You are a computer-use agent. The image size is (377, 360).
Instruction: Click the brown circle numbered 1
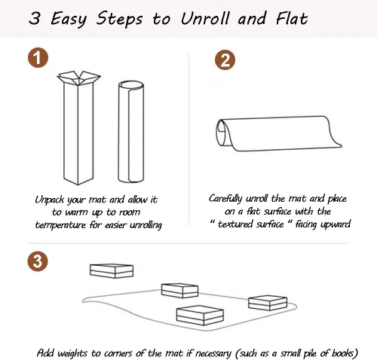pyautogui.click(x=38, y=57)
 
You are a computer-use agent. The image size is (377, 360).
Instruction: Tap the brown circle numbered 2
pyautogui.click(x=225, y=60)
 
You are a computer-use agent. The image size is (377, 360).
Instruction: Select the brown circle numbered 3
pyautogui.click(x=38, y=261)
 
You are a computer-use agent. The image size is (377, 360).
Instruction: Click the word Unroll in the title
pyautogui.click(x=205, y=19)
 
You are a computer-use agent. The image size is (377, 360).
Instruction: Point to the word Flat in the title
pyautogui.click(x=292, y=18)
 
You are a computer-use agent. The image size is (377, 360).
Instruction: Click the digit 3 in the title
pyautogui.click(x=35, y=18)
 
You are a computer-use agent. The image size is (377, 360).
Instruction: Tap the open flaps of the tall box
pyautogui.click(x=78, y=78)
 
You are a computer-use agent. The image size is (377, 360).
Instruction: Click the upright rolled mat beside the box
pyautogui.click(x=131, y=132)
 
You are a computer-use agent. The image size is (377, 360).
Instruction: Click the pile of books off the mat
pyautogui.click(x=112, y=271)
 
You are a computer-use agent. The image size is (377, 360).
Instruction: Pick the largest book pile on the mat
pyautogui.click(x=200, y=316)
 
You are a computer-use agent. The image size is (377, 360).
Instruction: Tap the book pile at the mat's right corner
pyautogui.click(x=268, y=303)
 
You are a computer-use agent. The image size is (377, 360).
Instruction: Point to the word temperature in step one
pyautogui.click(x=60, y=225)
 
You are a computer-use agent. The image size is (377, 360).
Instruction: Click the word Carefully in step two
pyautogui.click(x=225, y=199)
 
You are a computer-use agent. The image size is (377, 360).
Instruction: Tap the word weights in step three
pyautogui.click(x=72, y=353)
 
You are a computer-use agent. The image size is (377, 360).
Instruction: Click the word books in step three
pyautogui.click(x=343, y=353)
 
